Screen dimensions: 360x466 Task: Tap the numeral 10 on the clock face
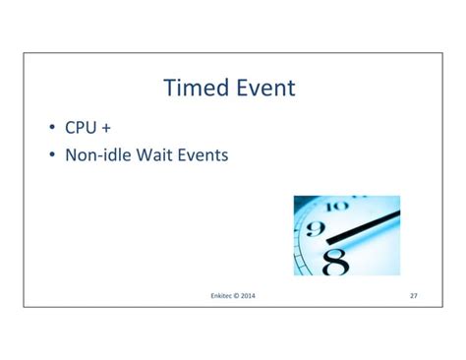tap(336, 208)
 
